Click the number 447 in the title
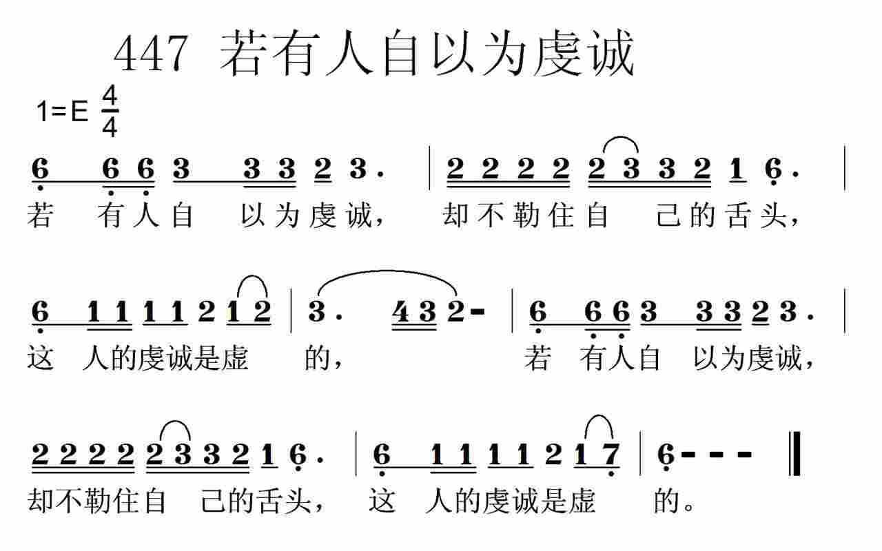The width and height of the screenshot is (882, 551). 150,54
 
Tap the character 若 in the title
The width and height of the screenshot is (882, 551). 242,54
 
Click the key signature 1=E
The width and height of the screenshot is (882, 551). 63,111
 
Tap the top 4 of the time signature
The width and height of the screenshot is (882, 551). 110,98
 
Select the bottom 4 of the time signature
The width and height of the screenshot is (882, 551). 110,126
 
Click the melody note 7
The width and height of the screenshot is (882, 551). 611,454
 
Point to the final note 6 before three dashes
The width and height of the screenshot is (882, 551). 665,454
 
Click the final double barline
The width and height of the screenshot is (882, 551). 794,454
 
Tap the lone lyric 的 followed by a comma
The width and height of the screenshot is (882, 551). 318,359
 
